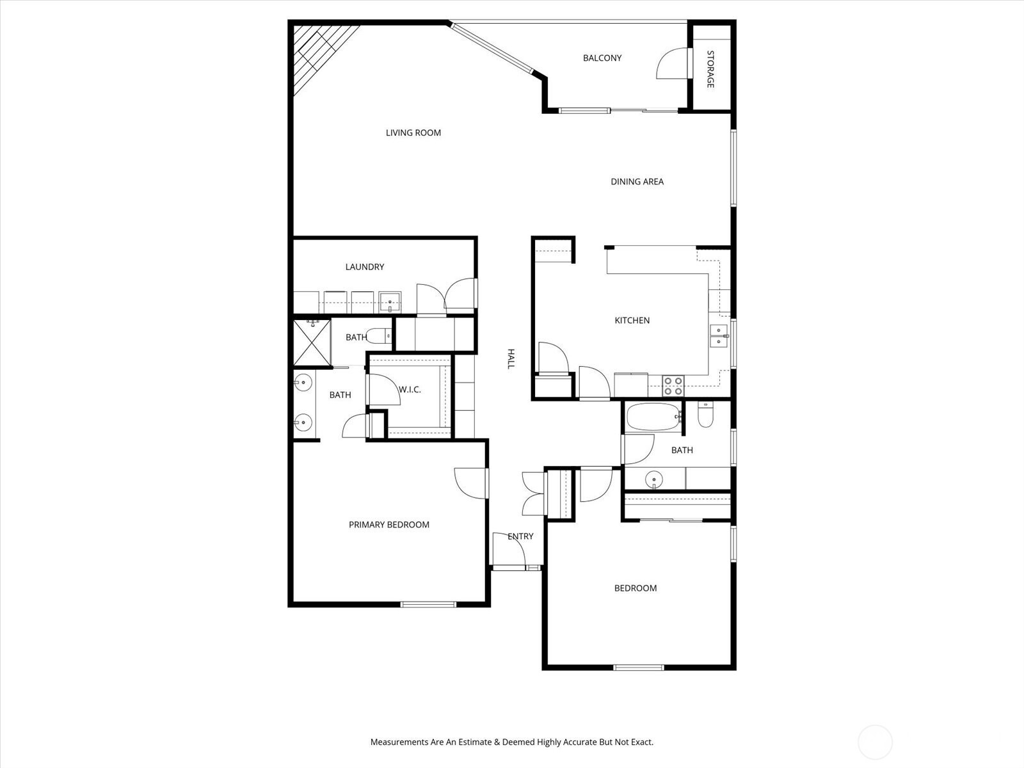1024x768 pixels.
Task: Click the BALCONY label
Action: click(602, 58)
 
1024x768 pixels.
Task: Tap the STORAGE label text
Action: click(710, 69)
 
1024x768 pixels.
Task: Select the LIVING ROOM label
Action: click(413, 133)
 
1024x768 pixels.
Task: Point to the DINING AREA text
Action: click(637, 182)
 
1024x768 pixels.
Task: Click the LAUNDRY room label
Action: click(365, 267)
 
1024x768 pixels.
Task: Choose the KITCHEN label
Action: click(632, 321)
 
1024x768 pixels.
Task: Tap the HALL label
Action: click(511, 358)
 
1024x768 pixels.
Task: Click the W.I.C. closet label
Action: click(410, 389)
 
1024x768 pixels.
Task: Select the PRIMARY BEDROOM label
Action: click(389, 525)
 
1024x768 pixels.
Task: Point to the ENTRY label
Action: click(520, 536)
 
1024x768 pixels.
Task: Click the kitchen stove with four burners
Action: click(673, 386)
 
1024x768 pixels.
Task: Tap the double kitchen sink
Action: click(719, 336)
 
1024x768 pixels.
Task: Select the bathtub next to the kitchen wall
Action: click(653, 417)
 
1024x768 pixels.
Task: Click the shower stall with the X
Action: click(312, 342)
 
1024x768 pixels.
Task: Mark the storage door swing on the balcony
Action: click(672, 63)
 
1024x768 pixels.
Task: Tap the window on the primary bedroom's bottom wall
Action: click(428, 604)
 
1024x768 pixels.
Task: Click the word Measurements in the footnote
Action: click(399, 742)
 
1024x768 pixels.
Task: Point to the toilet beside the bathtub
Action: click(705, 415)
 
